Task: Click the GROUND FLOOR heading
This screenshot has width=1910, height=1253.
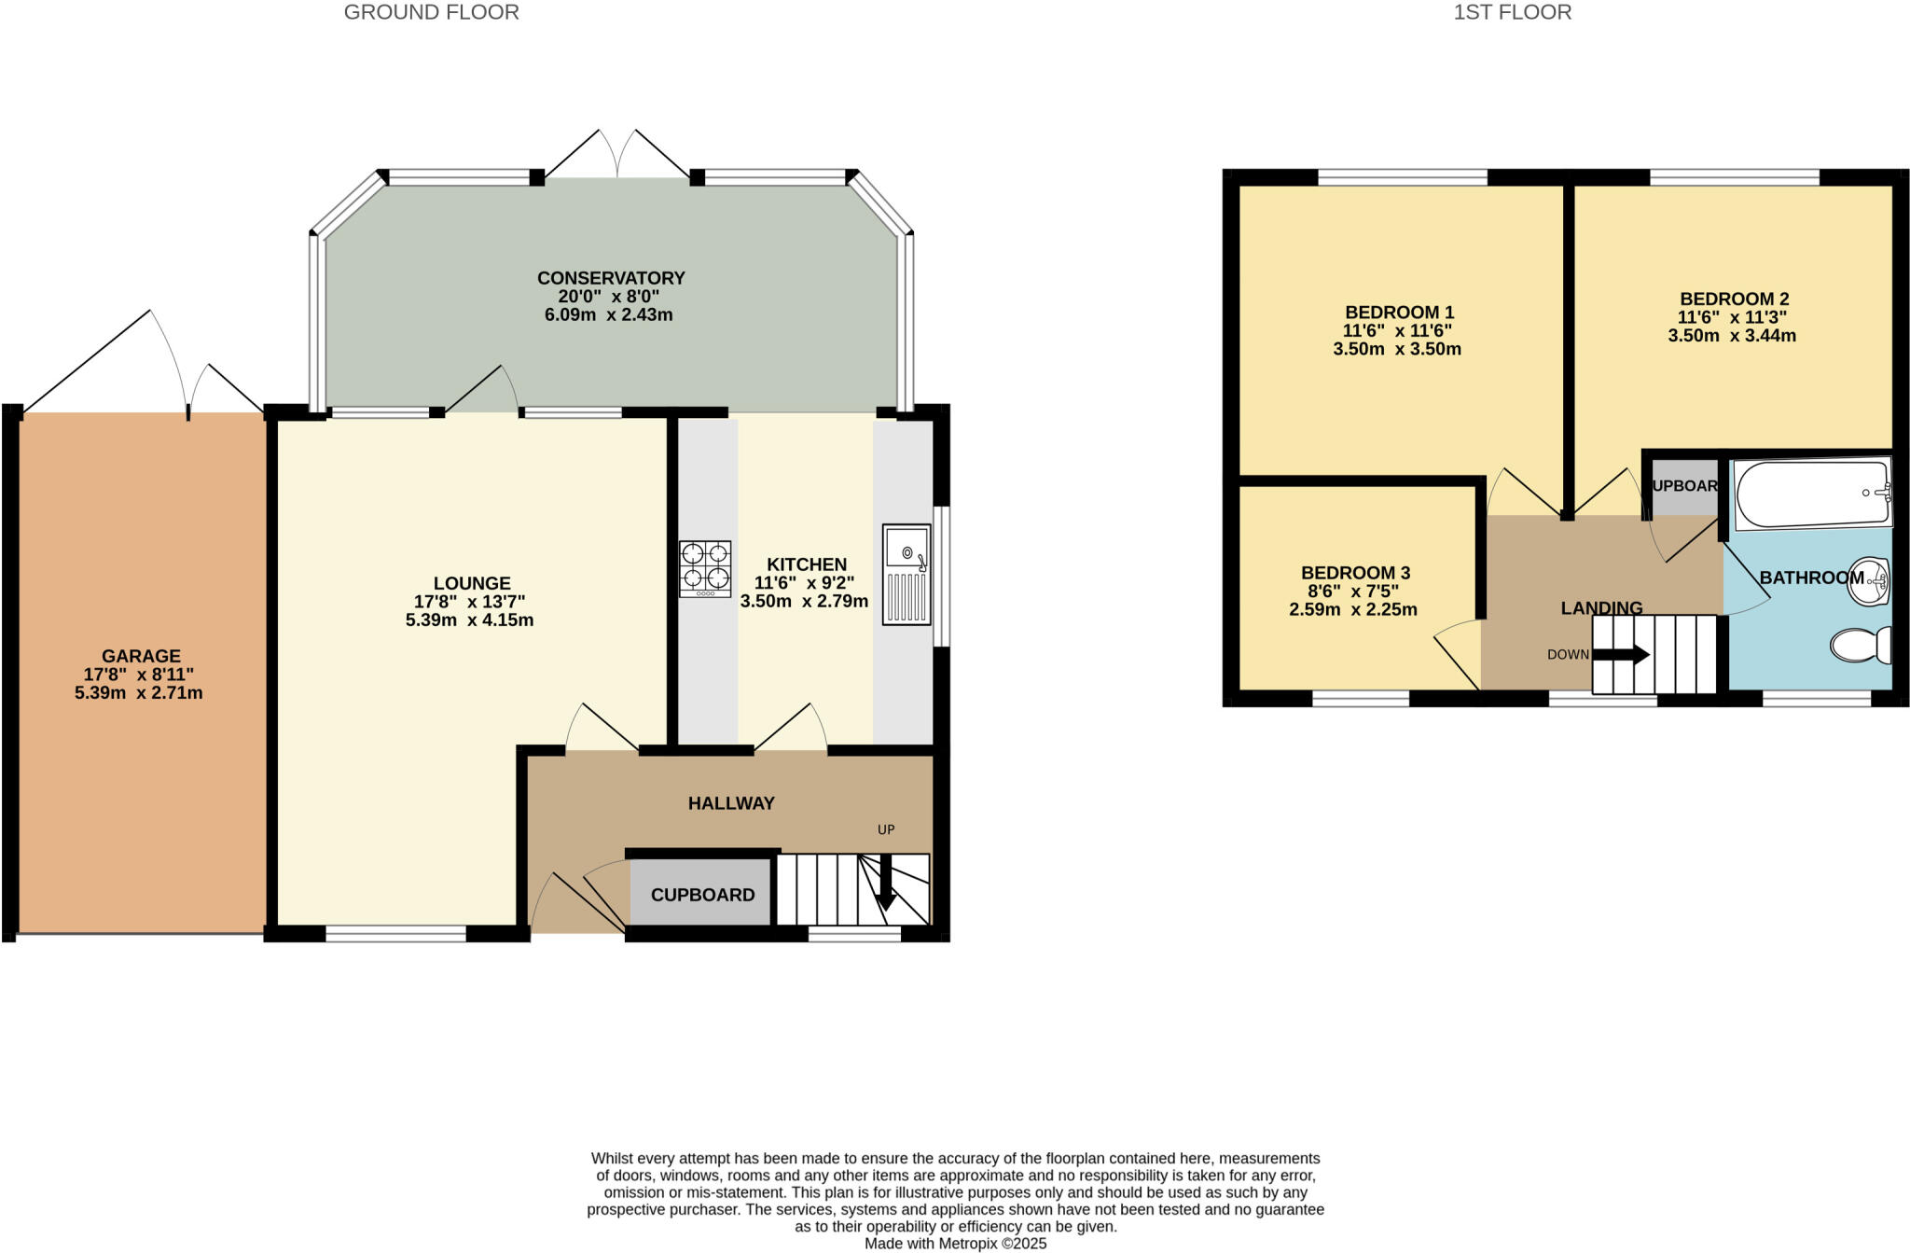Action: point(431,12)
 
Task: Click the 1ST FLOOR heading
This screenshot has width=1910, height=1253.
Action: point(1512,12)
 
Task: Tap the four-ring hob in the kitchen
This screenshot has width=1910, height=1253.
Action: point(705,568)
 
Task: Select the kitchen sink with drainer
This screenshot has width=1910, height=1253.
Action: point(907,574)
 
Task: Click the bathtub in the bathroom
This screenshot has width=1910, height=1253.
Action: point(1812,493)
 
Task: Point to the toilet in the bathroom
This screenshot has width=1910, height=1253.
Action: point(1861,645)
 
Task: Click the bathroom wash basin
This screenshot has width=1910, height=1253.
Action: point(1868,580)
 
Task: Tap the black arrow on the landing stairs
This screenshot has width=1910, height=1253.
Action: point(1622,655)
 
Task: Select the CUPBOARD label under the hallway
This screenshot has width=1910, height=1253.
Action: point(702,895)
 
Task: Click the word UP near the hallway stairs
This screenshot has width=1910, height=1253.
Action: point(886,829)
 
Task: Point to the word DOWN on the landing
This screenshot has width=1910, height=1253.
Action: point(1568,655)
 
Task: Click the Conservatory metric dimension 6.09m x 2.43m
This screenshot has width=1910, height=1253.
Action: point(608,315)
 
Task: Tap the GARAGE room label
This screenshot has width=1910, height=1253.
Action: point(141,656)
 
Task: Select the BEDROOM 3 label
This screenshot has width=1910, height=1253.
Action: point(1355,573)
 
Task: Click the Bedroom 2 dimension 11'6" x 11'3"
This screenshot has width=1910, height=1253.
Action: point(1732,317)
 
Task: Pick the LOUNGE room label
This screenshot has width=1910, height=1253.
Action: point(471,583)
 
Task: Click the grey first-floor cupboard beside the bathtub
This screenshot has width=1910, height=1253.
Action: point(1684,487)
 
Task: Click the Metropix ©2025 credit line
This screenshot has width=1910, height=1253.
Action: point(955,1244)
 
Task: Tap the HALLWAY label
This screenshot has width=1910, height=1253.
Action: point(731,803)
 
